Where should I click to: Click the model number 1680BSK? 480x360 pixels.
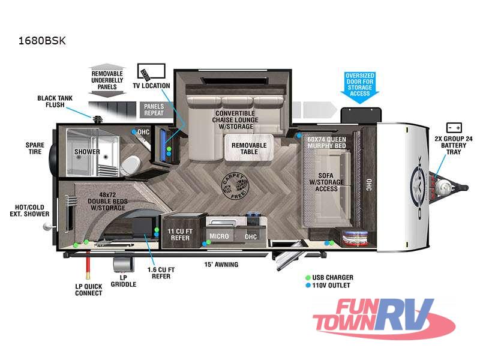(42, 41)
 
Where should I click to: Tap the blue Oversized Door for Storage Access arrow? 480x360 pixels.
(359, 86)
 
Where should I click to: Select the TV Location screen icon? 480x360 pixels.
(151, 71)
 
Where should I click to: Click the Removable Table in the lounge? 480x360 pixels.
(249, 148)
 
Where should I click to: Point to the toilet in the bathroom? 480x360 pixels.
(131, 166)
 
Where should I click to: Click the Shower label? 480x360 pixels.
(87, 152)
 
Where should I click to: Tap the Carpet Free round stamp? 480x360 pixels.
(235, 186)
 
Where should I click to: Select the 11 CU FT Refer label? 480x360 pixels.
(180, 235)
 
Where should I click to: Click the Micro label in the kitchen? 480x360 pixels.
(219, 236)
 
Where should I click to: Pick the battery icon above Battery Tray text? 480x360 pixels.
(454, 127)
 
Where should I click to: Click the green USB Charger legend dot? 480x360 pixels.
(308, 278)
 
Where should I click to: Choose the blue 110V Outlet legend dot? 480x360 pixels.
(308, 286)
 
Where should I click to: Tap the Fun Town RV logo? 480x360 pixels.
(384, 319)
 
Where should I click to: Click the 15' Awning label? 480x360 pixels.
(221, 265)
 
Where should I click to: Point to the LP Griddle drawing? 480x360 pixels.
(124, 265)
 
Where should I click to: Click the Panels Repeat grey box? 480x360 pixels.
(154, 110)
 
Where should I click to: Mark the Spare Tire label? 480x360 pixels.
(35, 148)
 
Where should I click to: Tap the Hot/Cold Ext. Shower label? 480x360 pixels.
(29, 211)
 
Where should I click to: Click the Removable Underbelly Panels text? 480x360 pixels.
(107, 80)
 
